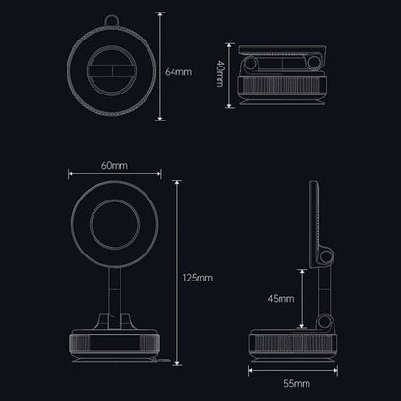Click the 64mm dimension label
click(x=178, y=71)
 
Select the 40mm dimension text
click(x=220, y=73)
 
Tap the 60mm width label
click(x=115, y=167)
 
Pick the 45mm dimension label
click(x=281, y=299)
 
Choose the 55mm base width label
click(x=296, y=383)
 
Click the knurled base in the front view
click(x=115, y=341)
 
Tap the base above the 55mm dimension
click(x=296, y=342)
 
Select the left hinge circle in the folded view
click(x=253, y=64)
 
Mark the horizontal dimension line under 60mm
click(x=115, y=176)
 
